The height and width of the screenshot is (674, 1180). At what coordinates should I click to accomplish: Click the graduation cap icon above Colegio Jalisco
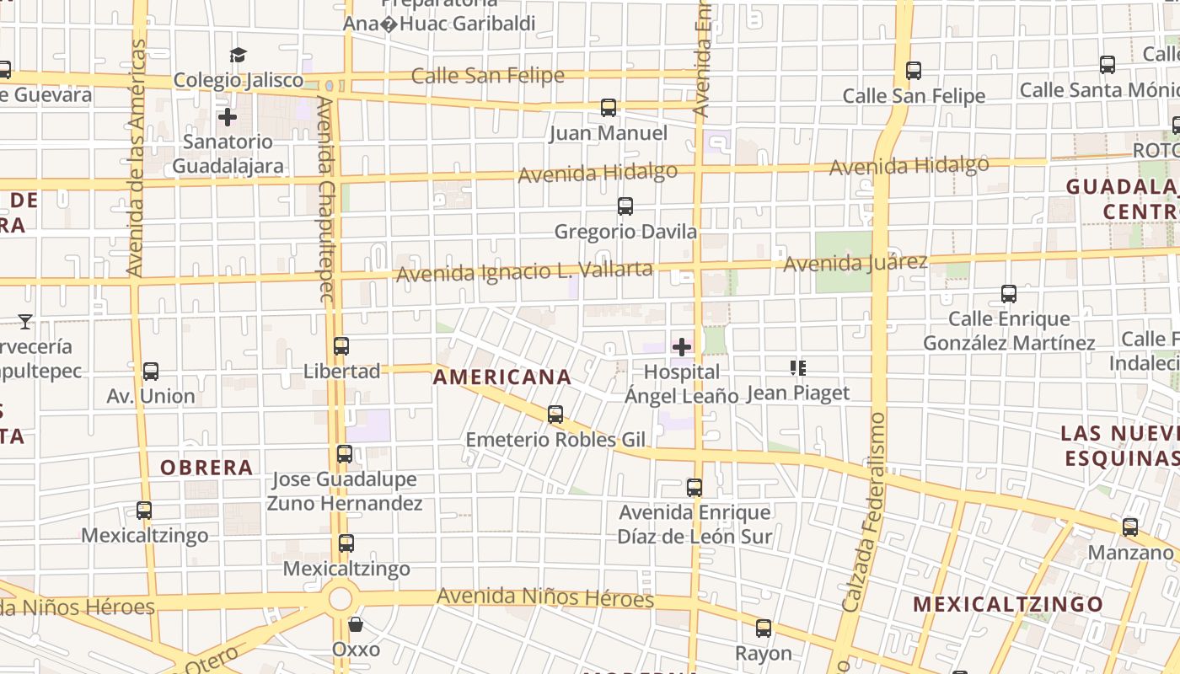(238, 56)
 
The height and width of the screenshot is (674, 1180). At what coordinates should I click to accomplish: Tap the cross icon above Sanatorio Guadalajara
(227, 116)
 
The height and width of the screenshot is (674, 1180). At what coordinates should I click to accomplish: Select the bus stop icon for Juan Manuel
(608, 108)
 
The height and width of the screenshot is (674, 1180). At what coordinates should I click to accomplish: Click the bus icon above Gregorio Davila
(625, 206)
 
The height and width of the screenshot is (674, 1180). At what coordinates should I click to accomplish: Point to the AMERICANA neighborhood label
(502, 377)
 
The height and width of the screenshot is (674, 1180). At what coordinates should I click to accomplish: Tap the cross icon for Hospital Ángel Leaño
(681, 346)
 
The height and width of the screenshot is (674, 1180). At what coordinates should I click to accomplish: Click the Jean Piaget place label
(798, 393)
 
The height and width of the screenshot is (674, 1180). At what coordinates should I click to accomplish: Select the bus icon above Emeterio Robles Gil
(555, 415)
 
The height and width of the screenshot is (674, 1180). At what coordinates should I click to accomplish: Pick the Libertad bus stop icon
(341, 346)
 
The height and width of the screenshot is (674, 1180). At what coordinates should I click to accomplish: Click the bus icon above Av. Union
(150, 371)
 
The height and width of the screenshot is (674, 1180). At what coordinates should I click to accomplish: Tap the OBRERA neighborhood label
(206, 468)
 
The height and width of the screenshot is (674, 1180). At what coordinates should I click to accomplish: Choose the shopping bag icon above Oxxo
(356, 624)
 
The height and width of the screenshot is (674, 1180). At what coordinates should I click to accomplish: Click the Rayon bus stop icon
(763, 628)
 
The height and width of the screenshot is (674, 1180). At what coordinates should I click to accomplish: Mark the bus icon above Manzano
(1129, 527)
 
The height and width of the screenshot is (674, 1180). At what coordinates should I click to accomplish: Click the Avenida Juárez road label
(855, 264)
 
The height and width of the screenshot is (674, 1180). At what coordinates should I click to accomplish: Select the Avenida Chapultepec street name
(326, 198)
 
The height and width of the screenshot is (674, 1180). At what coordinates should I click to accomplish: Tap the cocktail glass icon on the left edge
(25, 321)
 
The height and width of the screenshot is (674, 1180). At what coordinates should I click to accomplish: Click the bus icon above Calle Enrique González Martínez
(1008, 294)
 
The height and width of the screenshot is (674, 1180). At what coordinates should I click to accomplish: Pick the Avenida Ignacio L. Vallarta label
(524, 272)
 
